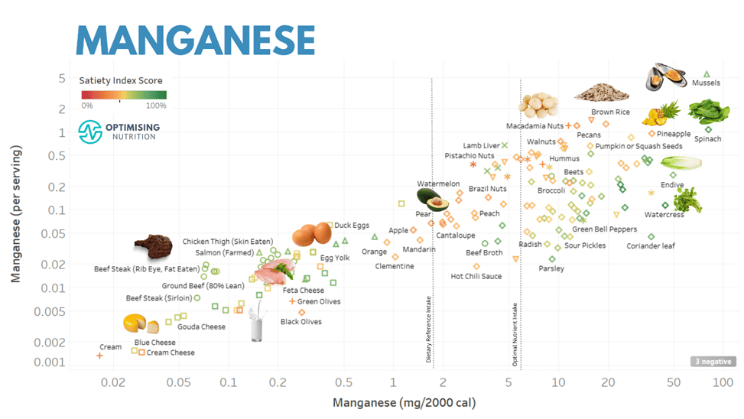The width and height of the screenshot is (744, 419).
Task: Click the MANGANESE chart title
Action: tap(195, 39)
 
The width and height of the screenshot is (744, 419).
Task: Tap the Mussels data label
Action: tap(705, 83)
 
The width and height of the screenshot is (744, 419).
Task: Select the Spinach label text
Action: tap(707, 139)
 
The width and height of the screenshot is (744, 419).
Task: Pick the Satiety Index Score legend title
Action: tap(121, 80)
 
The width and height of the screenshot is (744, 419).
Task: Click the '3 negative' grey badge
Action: tap(713, 362)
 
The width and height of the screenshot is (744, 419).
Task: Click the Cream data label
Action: tap(111, 347)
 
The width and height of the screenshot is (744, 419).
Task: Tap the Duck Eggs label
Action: tap(352, 226)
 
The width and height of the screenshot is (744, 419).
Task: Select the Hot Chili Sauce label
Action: tap(476, 276)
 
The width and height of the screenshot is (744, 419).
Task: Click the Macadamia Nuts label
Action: tap(534, 126)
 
